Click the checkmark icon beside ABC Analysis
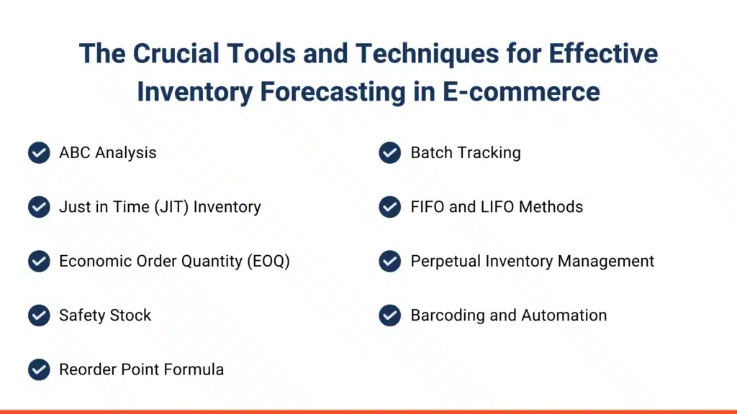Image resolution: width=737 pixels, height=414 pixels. coord(39,152)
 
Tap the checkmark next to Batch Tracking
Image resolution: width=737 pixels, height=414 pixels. coord(390,152)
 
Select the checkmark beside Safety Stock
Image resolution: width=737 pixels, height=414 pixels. coord(39,315)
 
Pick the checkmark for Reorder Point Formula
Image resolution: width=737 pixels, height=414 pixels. coord(39,369)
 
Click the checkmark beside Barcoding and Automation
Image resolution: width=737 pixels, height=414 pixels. coord(390,315)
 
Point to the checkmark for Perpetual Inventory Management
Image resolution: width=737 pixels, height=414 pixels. coord(390,261)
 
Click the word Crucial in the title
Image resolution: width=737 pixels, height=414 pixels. coord(176,53)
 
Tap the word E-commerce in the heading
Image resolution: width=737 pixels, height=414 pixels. coord(521,91)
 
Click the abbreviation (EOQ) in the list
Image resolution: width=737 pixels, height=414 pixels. coord(268,262)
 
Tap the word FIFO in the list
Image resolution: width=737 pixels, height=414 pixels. coord(428,207)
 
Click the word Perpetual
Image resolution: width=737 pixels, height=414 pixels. coord(446,262)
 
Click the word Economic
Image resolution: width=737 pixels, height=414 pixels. coord(96,261)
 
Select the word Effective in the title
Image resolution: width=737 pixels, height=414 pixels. coord(604,53)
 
